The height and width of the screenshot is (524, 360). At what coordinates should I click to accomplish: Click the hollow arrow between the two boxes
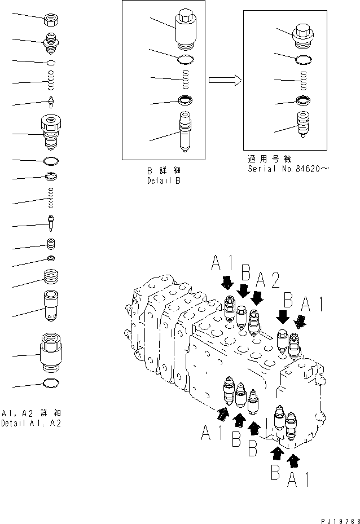tap(225, 80)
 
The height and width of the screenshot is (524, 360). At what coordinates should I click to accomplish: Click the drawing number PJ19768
tap(335, 518)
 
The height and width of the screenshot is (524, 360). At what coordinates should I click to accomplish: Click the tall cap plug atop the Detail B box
tap(186, 29)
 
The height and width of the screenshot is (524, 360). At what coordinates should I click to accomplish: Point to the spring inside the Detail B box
tap(186, 80)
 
